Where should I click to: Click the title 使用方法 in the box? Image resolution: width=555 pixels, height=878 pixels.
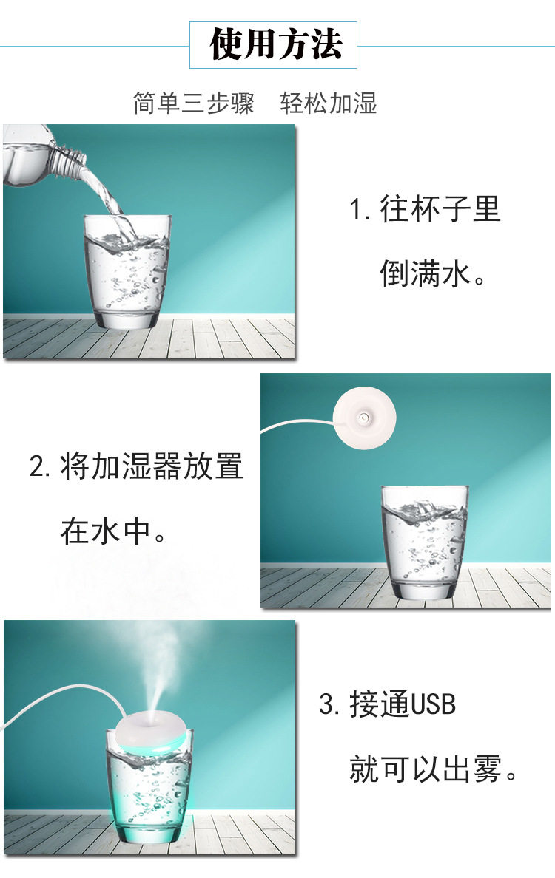[x=275, y=44]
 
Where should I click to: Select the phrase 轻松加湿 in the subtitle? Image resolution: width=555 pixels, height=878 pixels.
[x=329, y=103]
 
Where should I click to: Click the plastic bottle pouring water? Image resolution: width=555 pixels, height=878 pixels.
[x=37, y=155]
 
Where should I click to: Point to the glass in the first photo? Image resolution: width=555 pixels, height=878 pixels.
[x=127, y=273]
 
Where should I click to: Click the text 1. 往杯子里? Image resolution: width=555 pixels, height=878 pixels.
[x=425, y=209]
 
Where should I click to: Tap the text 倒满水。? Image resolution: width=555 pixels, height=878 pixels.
[x=434, y=273]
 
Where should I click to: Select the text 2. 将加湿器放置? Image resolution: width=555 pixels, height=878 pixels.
[x=136, y=466]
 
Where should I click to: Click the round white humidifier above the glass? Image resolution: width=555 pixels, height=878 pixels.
[x=364, y=418]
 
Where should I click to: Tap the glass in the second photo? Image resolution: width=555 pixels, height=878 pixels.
[x=425, y=543]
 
